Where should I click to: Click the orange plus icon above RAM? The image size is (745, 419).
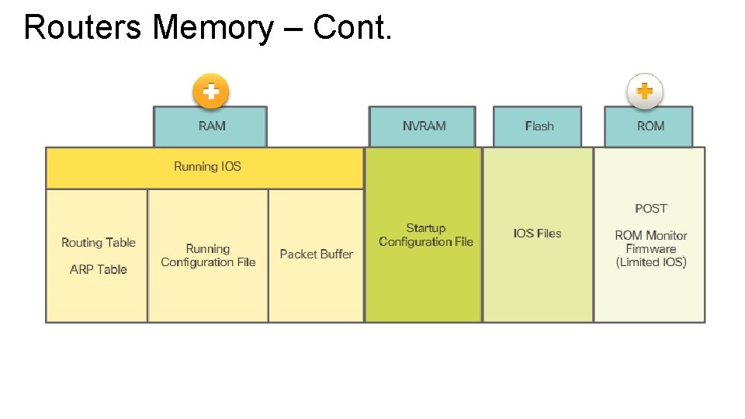(x=210, y=92)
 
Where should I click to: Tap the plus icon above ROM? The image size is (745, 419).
(x=645, y=92)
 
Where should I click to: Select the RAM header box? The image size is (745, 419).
(x=211, y=126)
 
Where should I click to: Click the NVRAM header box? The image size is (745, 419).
(x=424, y=126)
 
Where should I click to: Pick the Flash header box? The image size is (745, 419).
(x=539, y=126)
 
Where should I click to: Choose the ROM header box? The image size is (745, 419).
(x=650, y=126)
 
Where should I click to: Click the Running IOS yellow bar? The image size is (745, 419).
(x=206, y=167)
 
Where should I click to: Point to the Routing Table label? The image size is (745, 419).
(x=99, y=243)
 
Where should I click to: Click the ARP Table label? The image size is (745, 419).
(x=99, y=269)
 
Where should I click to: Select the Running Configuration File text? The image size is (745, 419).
(x=208, y=255)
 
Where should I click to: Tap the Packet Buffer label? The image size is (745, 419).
(x=316, y=255)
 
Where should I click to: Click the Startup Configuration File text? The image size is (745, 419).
(x=426, y=235)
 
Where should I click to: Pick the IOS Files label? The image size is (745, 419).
(x=537, y=234)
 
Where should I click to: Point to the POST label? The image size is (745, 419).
(x=650, y=209)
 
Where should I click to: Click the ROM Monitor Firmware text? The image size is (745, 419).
(x=651, y=242)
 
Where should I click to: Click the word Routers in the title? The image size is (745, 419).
(x=83, y=28)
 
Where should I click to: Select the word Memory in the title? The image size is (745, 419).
(x=213, y=28)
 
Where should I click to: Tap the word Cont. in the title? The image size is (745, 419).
(x=352, y=28)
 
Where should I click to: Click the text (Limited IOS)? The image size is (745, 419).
(x=651, y=262)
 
